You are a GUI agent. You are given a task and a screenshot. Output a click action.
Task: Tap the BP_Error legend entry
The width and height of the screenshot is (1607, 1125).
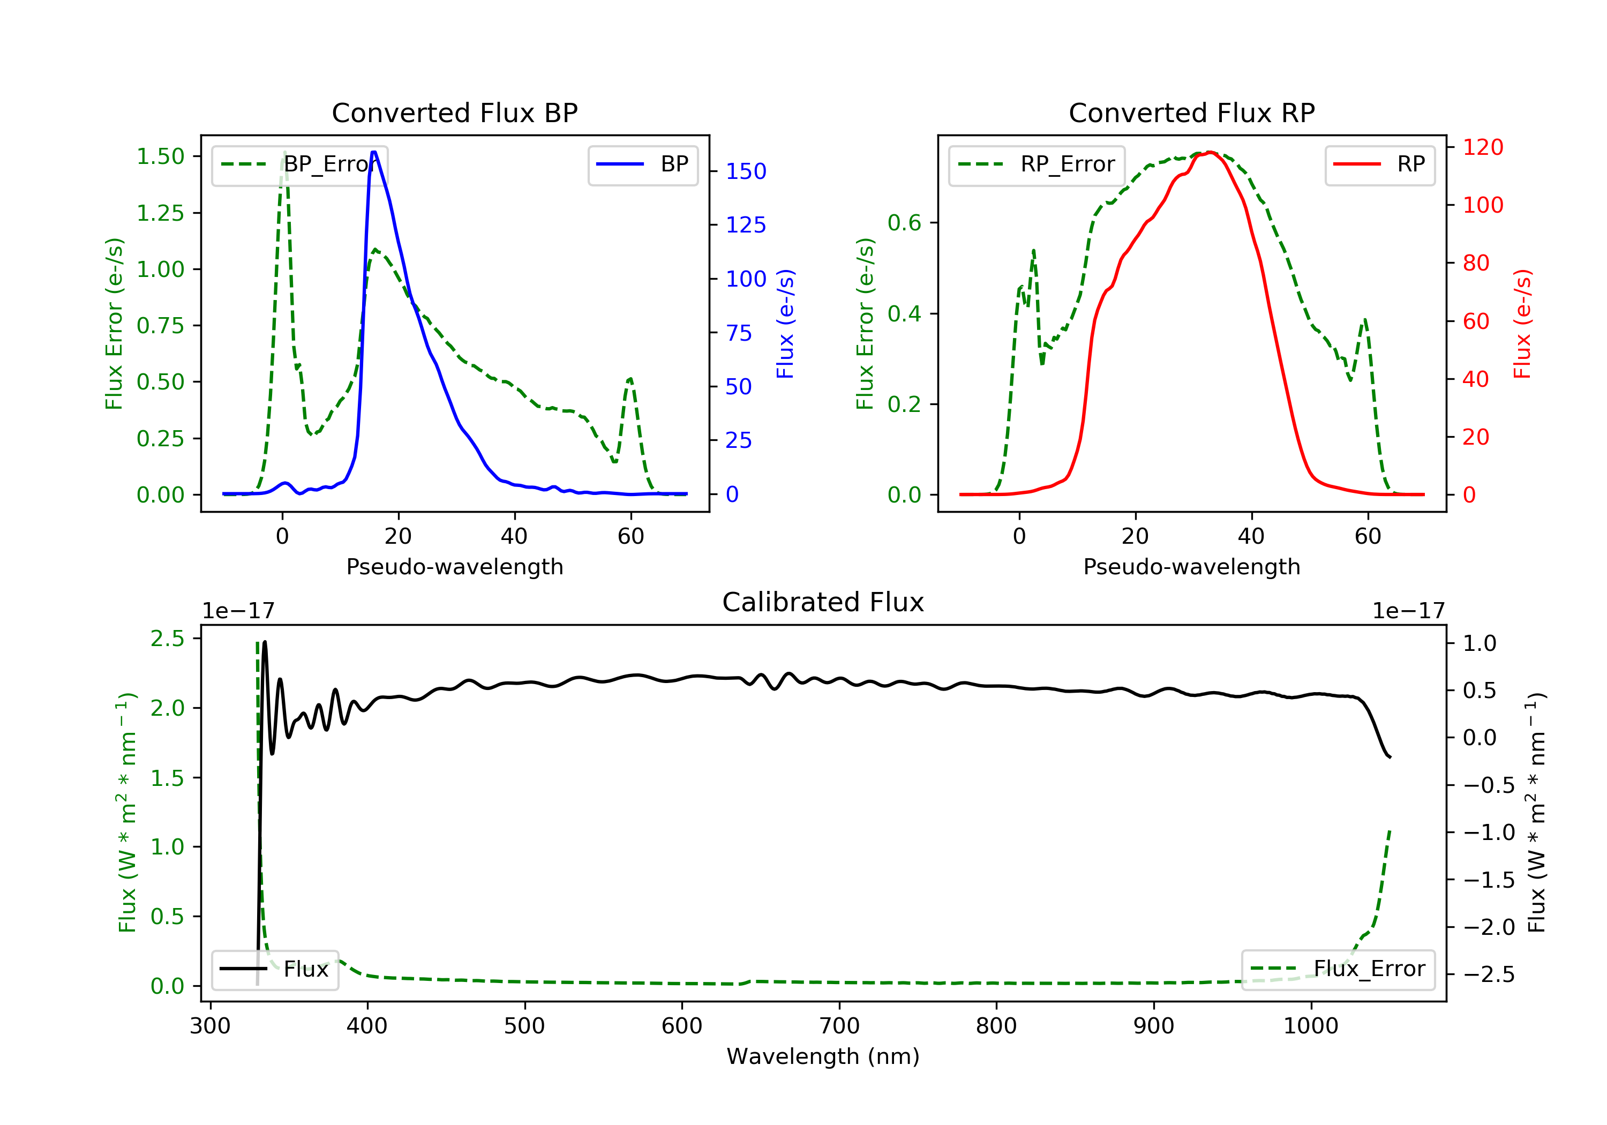pyautogui.click(x=299, y=164)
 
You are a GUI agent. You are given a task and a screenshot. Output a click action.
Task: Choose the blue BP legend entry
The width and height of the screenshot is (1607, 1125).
pyautogui.click(x=642, y=164)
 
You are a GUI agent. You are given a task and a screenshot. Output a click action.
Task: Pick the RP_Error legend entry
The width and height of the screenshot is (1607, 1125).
pyautogui.click(x=1036, y=164)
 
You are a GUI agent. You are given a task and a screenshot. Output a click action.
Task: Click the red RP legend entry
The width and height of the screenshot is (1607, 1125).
pyautogui.click(x=1379, y=164)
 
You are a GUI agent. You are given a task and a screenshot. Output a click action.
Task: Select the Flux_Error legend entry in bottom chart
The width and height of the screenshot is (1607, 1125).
pyautogui.click(x=1338, y=969)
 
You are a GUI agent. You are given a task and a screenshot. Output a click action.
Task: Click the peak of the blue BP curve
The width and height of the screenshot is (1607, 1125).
pyautogui.click(x=374, y=152)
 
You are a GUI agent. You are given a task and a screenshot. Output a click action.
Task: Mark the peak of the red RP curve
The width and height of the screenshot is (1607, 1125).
pyautogui.click(x=1210, y=152)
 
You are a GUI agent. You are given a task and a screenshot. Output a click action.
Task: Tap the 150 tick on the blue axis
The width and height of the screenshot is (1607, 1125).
pyautogui.click(x=746, y=171)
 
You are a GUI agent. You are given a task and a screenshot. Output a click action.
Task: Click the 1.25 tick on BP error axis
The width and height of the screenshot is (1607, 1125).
pyautogui.click(x=160, y=213)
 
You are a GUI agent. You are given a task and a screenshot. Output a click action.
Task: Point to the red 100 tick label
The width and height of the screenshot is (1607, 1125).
pyautogui.click(x=1482, y=205)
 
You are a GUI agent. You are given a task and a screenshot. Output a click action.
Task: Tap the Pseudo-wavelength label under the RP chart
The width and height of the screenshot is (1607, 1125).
pyautogui.click(x=1191, y=566)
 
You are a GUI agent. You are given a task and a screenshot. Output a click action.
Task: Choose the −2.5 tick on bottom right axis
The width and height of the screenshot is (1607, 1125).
pyautogui.click(x=1488, y=974)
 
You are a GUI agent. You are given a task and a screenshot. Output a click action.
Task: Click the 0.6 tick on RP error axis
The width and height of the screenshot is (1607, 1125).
pyautogui.click(x=904, y=223)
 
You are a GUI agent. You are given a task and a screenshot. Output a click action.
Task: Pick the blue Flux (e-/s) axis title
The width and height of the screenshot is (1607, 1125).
pyautogui.click(x=785, y=324)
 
